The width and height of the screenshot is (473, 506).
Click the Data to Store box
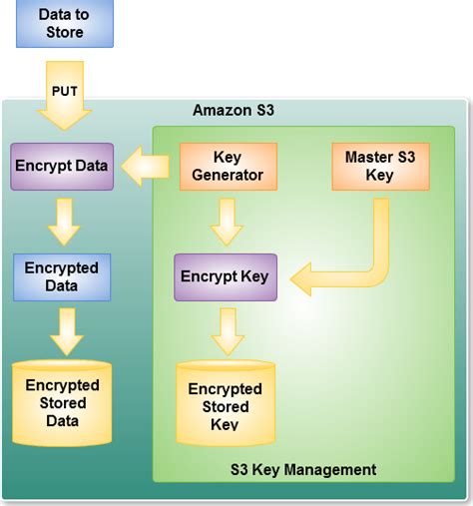(65, 24)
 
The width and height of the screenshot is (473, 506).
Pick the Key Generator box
(228, 167)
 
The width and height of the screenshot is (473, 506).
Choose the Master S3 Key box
(379, 167)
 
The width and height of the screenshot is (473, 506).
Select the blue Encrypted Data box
(62, 276)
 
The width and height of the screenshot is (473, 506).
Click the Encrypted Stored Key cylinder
(225, 404)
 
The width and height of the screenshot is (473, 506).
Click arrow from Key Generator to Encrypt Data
(147, 166)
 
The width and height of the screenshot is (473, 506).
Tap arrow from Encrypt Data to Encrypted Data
(65, 221)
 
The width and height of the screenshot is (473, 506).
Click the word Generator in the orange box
(228, 176)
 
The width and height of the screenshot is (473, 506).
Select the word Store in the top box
(65, 33)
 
